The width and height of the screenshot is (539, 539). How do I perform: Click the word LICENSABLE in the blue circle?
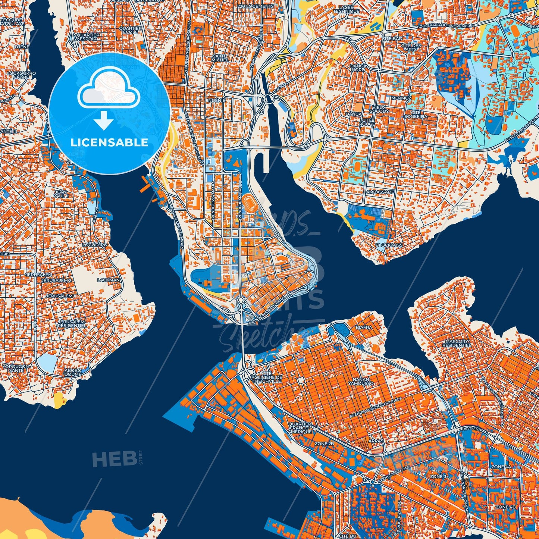(x=109, y=142)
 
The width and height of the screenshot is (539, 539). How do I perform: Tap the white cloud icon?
(x=109, y=91)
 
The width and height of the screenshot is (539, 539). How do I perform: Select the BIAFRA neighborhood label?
(x=364, y=328)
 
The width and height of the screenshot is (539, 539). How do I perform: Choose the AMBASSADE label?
(x=380, y=192)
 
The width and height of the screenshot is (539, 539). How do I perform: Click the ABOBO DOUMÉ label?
(x=73, y=372)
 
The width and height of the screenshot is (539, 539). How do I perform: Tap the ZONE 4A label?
(x=501, y=467)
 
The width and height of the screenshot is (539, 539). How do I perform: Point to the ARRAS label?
(x=376, y=441)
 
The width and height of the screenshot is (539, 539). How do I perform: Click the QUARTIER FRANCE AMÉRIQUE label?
(x=300, y=428)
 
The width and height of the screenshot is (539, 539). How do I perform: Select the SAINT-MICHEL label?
(x=220, y=58)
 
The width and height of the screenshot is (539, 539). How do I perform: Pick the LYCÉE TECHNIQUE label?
(x=347, y=9)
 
